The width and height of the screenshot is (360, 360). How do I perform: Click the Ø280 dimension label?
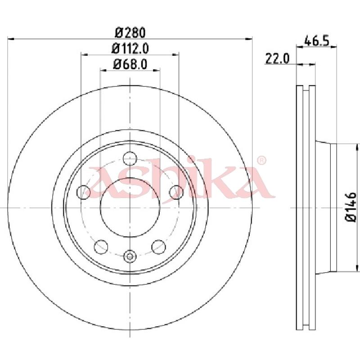pos(130,32)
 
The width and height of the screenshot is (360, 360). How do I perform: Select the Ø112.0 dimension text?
pos(130,49)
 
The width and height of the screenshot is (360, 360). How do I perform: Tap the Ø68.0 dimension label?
pos(130,64)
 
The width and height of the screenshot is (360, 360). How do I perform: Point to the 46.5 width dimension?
pos(317,41)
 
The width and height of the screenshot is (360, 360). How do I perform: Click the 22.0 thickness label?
pos(277,58)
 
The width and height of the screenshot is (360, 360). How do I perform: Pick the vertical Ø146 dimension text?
pos(351,207)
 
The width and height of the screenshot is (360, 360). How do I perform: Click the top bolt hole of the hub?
pos(130,158)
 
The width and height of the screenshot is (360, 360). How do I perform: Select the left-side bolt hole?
pos(84,192)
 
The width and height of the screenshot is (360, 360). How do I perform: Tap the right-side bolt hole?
pos(176,192)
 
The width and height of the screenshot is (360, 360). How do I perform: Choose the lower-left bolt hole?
pos(101,247)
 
